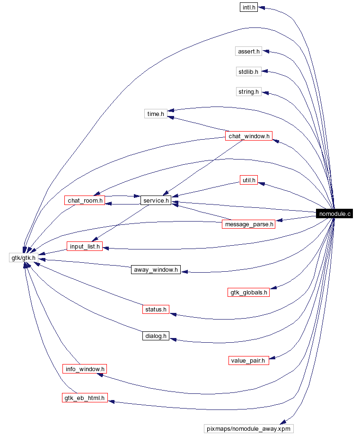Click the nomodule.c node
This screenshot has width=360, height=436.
tap(335, 214)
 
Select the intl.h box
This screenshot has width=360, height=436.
tap(248, 8)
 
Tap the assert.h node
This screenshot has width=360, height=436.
tap(248, 51)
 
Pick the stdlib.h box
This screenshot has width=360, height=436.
tap(248, 71)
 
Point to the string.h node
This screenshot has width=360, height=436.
tap(248, 91)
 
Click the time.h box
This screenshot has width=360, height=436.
tap(156, 114)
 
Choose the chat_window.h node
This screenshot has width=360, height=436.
tap(248, 136)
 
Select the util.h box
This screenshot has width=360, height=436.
tap(248, 180)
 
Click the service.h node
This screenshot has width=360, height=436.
tap(156, 200)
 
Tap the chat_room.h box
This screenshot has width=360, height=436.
tap(84, 200)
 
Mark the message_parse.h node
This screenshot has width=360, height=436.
tap(248, 224)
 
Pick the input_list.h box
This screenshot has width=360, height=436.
tap(84, 247)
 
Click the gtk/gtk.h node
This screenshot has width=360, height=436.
tap(23, 258)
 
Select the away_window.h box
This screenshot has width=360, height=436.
tap(156, 269)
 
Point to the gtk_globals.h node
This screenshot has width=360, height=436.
tap(248, 292)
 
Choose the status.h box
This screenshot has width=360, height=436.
tap(156, 309)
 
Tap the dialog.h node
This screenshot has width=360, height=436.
tap(156, 336)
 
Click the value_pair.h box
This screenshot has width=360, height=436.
tap(248, 360)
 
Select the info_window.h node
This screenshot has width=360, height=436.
tap(84, 368)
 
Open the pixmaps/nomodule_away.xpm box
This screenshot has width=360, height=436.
tap(248, 428)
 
